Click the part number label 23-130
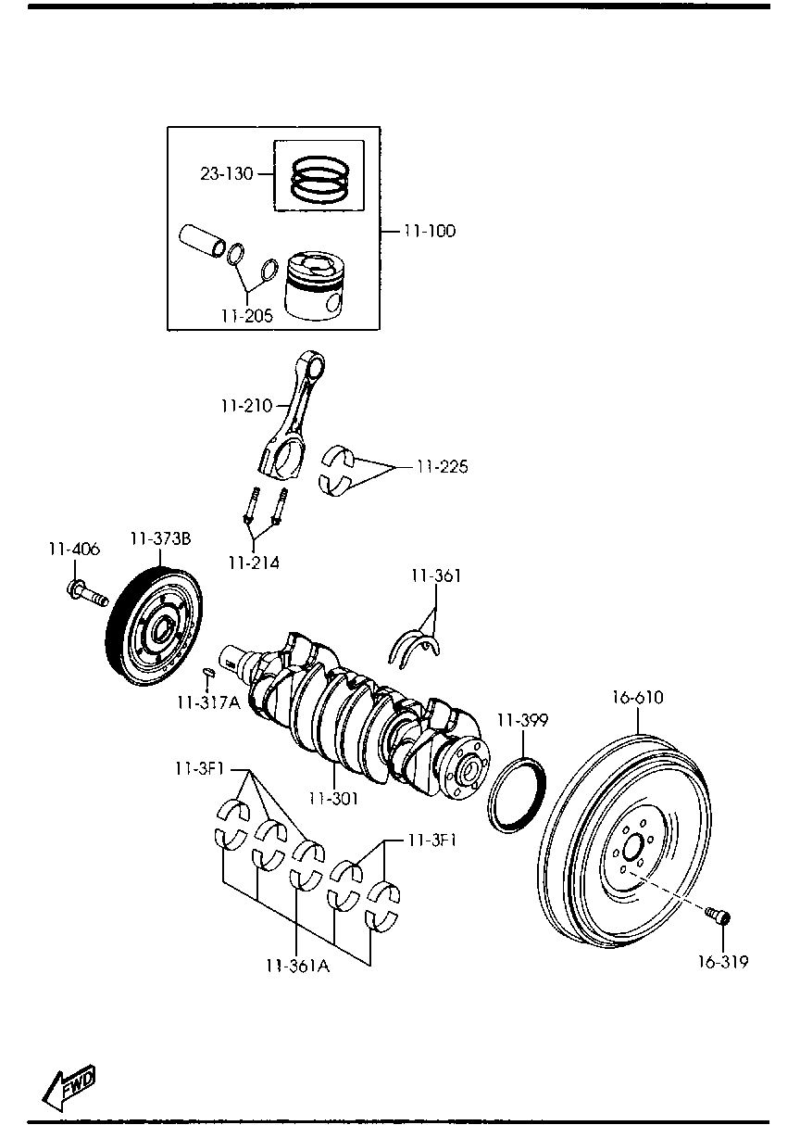click(227, 173)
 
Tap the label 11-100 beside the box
click(429, 231)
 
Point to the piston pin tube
click(202, 240)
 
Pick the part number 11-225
click(442, 467)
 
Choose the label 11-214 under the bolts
click(254, 562)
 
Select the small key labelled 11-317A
click(209, 671)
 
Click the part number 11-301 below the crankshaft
click(333, 797)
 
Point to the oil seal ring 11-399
click(515, 794)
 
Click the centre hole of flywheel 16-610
click(632, 847)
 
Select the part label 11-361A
click(297, 966)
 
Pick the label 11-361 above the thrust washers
click(436, 576)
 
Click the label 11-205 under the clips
click(247, 316)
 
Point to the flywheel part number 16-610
click(637, 698)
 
